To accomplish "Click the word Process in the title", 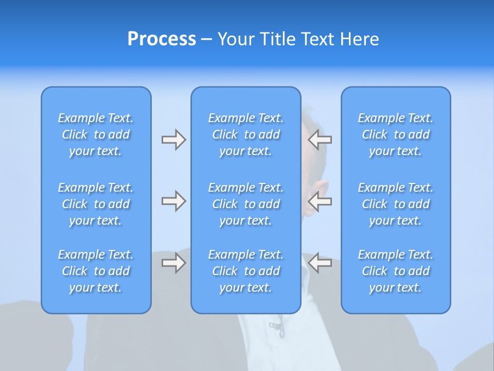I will click(x=162, y=39).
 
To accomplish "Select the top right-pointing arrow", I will click(x=173, y=140).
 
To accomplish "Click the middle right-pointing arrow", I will click(x=173, y=201).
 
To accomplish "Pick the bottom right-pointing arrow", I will click(x=173, y=263).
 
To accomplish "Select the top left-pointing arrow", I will click(x=320, y=140).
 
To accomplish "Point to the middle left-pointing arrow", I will click(x=320, y=201).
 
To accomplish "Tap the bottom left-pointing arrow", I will click(x=320, y=263).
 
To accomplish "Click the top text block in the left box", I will click(x=96, y=134).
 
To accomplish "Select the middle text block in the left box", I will click(x=96, y=204).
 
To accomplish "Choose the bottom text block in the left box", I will click(x=96, y=271).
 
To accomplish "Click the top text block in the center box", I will click(x=246, y=134).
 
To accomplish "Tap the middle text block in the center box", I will click(x=246, y=204).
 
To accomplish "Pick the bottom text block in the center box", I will click(x=246, y=271).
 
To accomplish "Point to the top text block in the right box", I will click(x=396, y=134).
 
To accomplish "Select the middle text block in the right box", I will click(x=396, y=204).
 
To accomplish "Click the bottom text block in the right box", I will click(x=396, y=271).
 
